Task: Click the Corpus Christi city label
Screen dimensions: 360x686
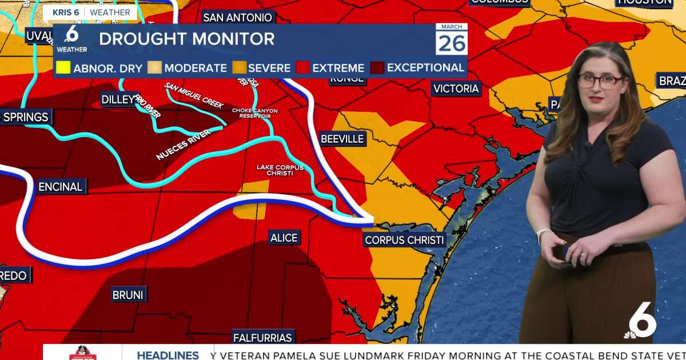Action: pos(404,240)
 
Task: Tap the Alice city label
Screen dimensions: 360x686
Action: pos(284,238)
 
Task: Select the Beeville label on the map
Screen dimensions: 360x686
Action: pos(342,139)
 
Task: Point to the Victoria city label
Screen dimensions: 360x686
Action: pos(456,89)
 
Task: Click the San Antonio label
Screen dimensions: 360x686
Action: pos(237,18)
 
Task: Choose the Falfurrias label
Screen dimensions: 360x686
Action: pos(263,337)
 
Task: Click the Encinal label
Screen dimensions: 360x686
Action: pos(61,187)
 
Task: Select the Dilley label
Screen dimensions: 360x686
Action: pos(119,99)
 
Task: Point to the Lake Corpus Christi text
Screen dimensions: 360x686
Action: pos(280,170)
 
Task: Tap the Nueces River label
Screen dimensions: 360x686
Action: pos(183,145)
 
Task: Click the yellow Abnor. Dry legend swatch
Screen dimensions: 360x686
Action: pos(63,67)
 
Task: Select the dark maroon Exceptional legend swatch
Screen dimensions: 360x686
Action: pos(377,67)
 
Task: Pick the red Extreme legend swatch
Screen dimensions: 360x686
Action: pos(303,67)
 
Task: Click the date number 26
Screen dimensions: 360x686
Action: pos(452,43)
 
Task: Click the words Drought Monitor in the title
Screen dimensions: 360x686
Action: pos(186,39)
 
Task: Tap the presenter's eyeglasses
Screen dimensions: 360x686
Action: pos(600,81)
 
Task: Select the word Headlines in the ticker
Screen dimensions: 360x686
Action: pos(167,355)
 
